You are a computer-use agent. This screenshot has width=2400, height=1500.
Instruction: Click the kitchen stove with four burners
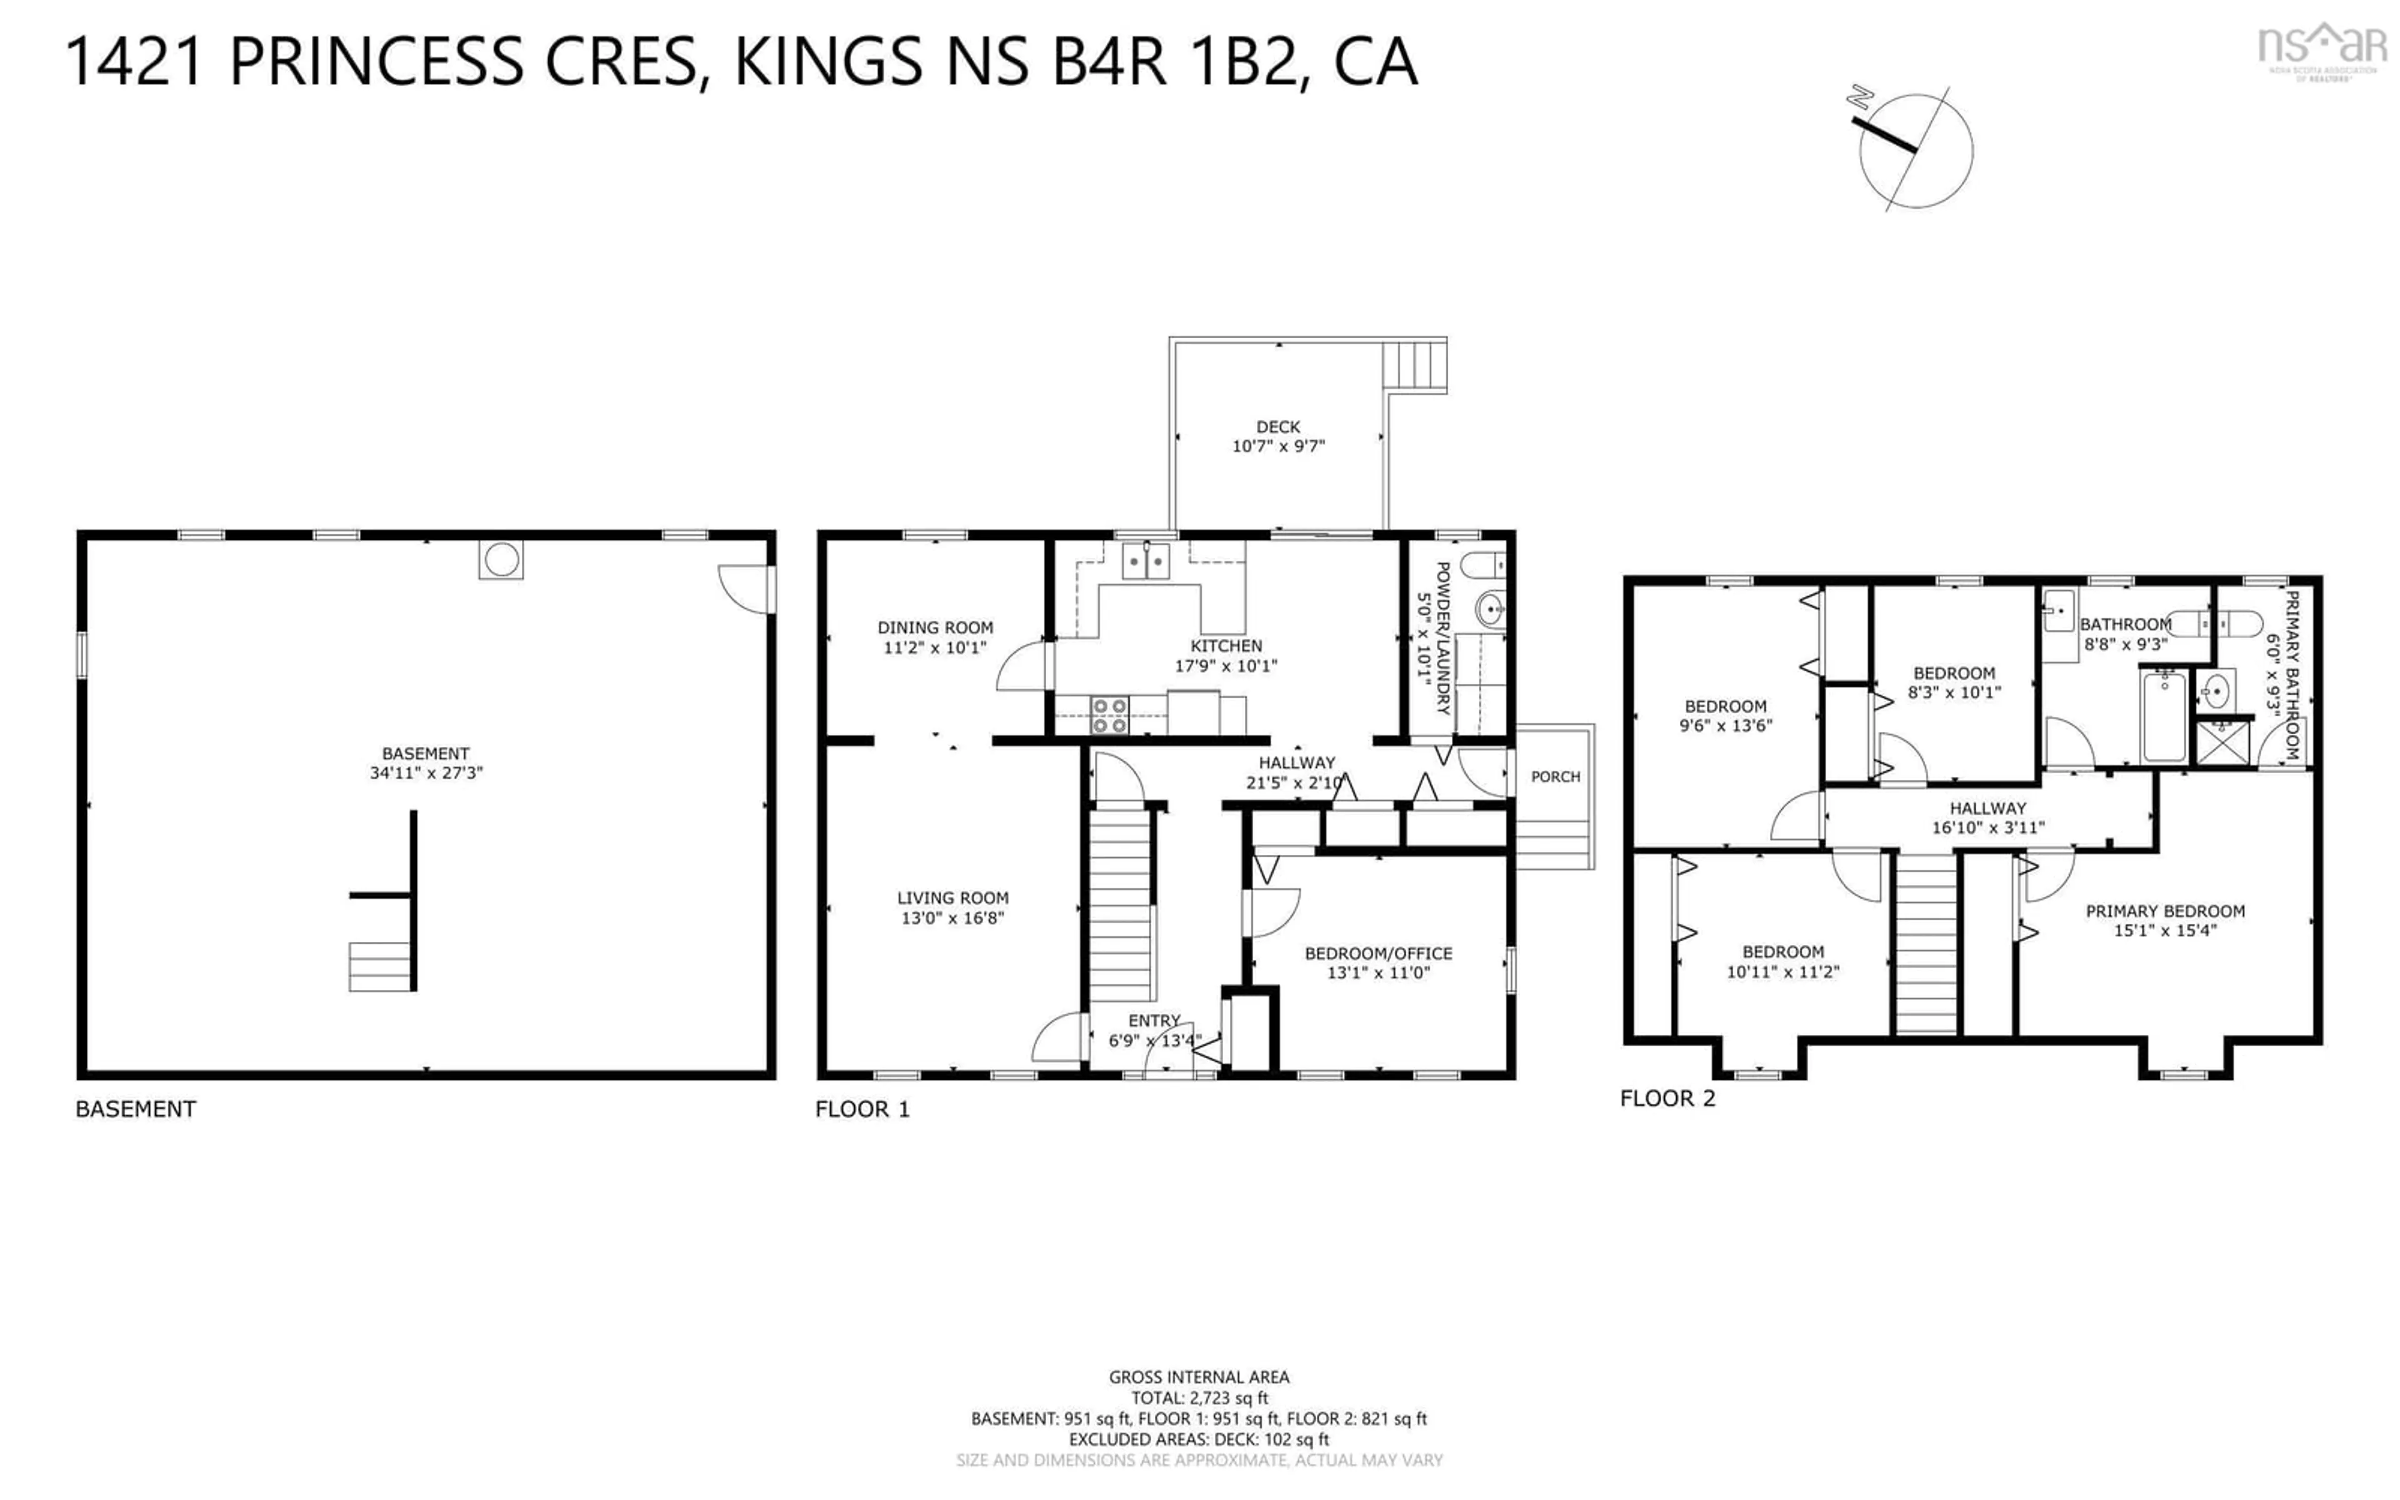tap(1109, 715)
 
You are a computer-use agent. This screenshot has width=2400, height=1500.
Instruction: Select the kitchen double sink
tap(1146, 561)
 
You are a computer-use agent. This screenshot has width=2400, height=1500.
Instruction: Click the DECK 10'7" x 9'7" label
tap(1277, 436)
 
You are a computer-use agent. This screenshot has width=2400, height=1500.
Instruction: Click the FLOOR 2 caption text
tap(1666, 1098)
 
